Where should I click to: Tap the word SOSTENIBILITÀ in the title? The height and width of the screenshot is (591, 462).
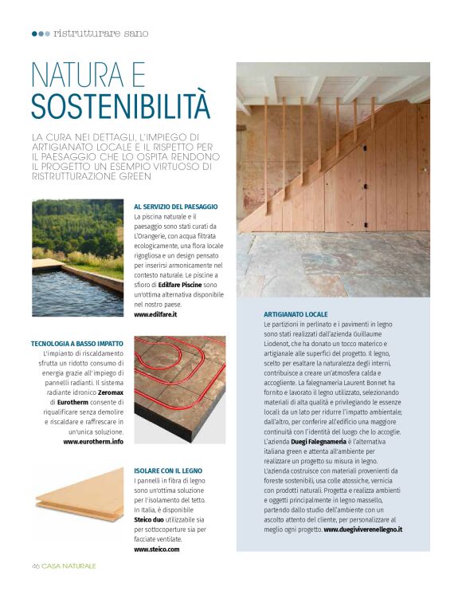pos(120,105)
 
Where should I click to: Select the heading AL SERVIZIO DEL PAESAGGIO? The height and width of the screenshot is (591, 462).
pos(175,207)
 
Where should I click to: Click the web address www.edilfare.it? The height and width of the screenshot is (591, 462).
pos(155,315)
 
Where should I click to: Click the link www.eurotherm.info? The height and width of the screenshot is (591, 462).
pos(93,441)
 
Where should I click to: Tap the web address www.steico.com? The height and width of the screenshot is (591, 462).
pos(157,550)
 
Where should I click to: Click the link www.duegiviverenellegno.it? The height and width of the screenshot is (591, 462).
pos(362,529)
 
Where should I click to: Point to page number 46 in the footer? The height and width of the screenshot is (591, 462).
pos(36,565)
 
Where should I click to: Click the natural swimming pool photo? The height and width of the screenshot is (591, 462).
pos(77,258)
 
